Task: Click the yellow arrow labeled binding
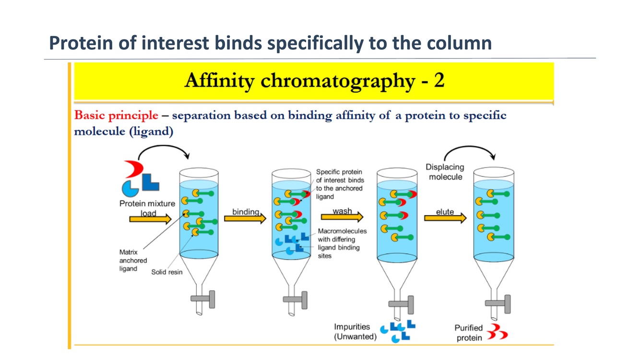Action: [x=245, y=219]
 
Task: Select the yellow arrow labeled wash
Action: [x=342, y=217]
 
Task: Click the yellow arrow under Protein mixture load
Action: [x=150, y=219]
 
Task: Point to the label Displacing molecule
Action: [x=445, y=172]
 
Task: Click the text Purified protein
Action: [x=469, y=333]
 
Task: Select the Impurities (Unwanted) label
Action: [x=355, y=332]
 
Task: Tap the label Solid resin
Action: [x=167, y=272]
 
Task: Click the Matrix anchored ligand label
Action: [x=133, y=260]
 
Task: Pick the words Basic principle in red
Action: [x=116, y=116]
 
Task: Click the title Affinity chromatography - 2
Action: [x=314, y=81]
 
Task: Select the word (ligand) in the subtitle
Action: [x=151, y=132]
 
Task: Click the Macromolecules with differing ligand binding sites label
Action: [x=342, y=243]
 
